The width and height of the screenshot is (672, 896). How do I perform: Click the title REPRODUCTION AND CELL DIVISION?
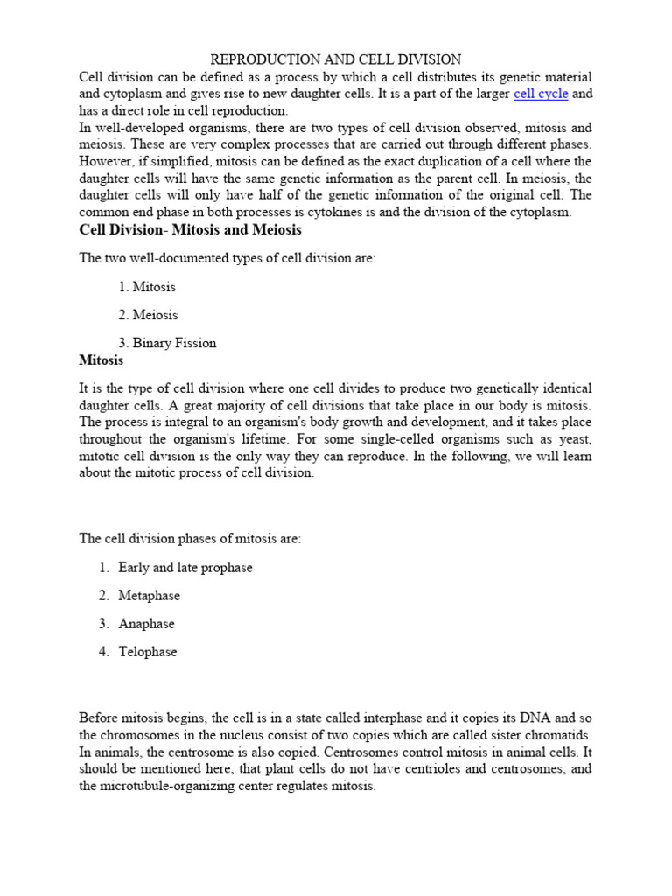336,60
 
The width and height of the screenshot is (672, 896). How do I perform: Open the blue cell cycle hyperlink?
541,94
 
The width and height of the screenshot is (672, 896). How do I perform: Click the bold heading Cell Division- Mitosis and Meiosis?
190,230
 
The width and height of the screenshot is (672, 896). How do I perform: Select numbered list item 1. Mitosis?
146,287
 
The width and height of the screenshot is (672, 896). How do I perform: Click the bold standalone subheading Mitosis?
101,360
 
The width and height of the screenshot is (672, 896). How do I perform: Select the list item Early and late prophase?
185,568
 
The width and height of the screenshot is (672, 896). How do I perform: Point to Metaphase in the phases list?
149,596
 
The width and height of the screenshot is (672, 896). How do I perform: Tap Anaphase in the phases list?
146,624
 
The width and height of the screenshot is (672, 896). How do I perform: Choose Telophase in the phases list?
147,652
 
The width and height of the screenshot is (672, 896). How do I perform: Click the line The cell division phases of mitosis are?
190,539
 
